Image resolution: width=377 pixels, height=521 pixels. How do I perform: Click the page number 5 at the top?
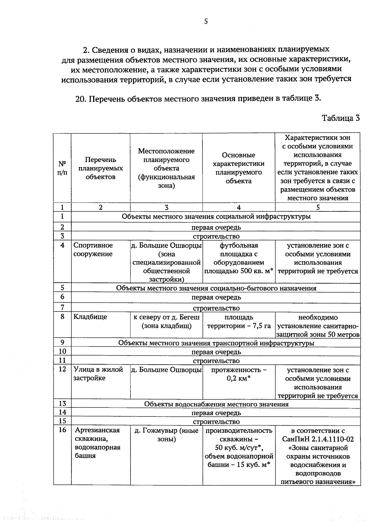click(206, 21)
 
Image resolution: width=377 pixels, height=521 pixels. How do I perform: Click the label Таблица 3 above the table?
click(341, 118)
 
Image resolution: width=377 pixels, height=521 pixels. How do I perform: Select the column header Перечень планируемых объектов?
click(101, 168)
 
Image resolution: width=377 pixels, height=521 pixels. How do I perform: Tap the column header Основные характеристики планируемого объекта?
click(238, 168)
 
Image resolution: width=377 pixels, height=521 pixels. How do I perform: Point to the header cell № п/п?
click(62, 168)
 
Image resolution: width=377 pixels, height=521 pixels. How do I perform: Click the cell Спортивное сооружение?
click(93, 250)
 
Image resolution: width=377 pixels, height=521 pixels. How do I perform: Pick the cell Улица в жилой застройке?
click(98, 374)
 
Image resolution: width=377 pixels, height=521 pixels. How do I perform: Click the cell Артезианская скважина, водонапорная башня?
click(97, 443)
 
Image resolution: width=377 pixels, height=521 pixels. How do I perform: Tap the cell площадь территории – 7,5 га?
click(239, 322)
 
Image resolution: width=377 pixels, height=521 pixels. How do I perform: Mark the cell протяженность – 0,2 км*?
click(239, 374)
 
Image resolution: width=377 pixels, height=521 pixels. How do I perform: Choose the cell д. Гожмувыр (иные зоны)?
click(167, 435)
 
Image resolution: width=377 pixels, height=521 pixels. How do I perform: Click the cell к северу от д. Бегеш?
click(167, 322)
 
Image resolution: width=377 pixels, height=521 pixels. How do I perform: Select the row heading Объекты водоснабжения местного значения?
click(216, 404)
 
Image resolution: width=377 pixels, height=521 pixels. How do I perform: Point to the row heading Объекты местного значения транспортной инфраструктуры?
click(216, 343)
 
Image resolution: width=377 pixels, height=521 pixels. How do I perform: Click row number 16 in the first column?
click(62, 430)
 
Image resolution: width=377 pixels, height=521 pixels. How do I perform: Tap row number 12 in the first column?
click(62, 369)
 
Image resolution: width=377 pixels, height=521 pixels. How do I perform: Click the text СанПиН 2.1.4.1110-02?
click(318, 439)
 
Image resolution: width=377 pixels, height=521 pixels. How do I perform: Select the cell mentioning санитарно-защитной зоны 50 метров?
click(318, 326)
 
